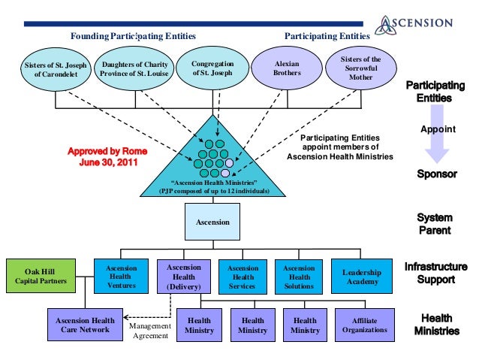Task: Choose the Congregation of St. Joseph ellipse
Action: (212, 68)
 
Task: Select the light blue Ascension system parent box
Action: (212, 222)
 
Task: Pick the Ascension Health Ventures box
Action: (122, 276)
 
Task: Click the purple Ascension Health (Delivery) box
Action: (183, 277)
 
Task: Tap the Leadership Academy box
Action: (362, 277)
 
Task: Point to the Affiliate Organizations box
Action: (364, 325)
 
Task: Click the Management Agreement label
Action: (150, 331)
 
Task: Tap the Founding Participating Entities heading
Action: (133, 36)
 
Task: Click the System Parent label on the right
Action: (435, 224)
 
